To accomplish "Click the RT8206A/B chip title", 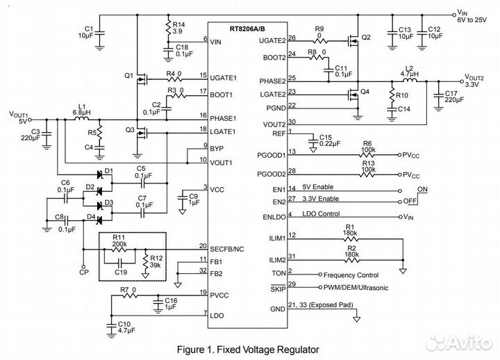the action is pos(247,29).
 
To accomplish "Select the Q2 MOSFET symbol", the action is pos(353,40).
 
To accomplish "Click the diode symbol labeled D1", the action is pos(100,174).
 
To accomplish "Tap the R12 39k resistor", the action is pos(146,261).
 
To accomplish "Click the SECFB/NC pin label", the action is pos(226,249).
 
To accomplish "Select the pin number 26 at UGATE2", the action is pos(292,38).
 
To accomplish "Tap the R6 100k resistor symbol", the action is pos(367,155).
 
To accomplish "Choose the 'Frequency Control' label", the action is pos(351,275).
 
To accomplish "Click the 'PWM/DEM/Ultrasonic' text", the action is pos(356,288).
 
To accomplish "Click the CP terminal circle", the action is pos(83,266).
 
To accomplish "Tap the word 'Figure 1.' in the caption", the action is pos(195,350).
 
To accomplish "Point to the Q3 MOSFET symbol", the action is pos(141,133).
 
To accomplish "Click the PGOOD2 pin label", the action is pos(272,174).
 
